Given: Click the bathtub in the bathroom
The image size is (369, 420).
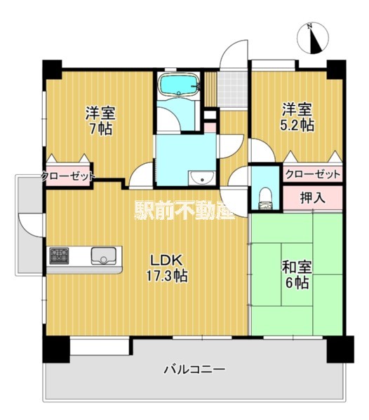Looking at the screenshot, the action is tap(179, 85).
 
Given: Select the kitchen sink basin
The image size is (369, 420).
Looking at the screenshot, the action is tap(104, 255).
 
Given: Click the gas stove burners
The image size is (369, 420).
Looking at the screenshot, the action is tap(59, 255).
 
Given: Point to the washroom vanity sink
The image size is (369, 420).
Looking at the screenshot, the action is tap(201, 178).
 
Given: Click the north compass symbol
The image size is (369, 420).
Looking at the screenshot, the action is tap(313, 38).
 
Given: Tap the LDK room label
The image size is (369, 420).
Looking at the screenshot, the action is tap(166, 260).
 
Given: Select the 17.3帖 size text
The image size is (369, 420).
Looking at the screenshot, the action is tap(166, 276).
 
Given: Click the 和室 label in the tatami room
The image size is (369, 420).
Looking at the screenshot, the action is tap(297, 267).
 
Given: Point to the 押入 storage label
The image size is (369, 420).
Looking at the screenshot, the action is tap(313, 197).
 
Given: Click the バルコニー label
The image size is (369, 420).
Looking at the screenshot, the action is tap(194, 370).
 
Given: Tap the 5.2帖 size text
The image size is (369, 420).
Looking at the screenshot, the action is tap(297, 125).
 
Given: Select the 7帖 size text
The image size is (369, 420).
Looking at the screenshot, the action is tap(100, 129).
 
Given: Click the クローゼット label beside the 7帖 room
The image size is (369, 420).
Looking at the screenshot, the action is tap(68, 176).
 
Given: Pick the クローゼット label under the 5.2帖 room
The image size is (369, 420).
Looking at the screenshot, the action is tap(313, 174).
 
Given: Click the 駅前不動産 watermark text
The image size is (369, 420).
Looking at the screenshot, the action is tap(184, 210).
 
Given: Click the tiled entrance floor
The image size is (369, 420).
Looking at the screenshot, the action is tap(232, 89).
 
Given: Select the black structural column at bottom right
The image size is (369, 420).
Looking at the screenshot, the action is tap(340, 349).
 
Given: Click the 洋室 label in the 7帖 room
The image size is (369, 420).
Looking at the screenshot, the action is tap(100, 113).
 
